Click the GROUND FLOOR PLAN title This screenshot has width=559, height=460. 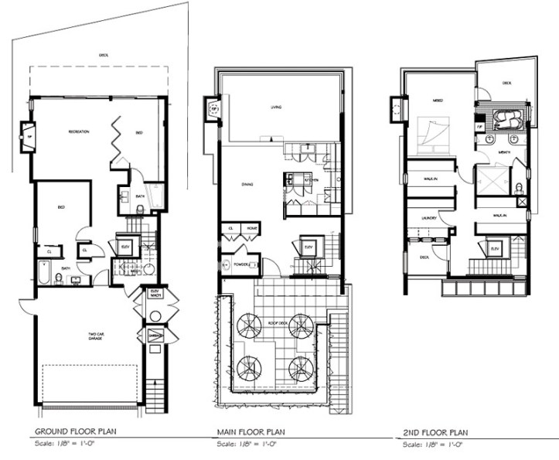76,431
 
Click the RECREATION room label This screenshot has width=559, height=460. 78,132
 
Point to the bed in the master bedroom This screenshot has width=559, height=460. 432,131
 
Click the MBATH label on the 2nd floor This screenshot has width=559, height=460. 504,153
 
